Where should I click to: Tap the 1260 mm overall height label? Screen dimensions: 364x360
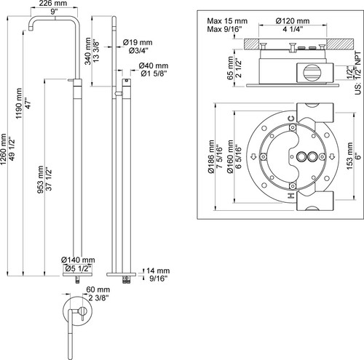tap(4, 149)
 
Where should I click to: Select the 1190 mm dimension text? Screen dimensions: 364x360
tap(18, 103)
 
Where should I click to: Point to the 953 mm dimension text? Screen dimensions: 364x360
tap(40, 180)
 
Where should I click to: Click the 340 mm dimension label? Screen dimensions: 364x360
tap(88, 51)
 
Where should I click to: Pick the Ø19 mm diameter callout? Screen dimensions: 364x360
tap(138, 42)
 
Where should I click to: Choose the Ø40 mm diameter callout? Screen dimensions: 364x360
tap(154, 65)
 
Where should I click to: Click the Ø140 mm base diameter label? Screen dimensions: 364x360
tap(78, 260)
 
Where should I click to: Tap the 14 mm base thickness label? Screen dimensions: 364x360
tap(158, 271)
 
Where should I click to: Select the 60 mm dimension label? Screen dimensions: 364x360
tap(98, 289)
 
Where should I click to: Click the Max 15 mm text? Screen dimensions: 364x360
tap(227, 21)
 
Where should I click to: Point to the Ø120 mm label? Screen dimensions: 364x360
tap(293, 21)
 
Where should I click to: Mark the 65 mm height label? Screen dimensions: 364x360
tap(230, 68)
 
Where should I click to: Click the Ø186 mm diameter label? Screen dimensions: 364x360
tap(211, 156)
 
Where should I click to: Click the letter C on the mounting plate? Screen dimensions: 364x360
tap(291, 119)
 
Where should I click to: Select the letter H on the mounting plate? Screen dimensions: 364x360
tap(291, 196)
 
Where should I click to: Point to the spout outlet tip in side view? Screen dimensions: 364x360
tap(31, 30)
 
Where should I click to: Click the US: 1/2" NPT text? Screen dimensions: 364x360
tap(358, 73)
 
